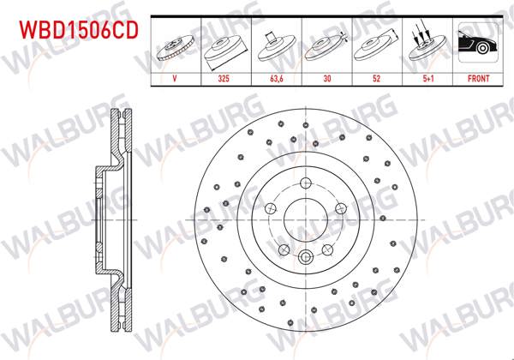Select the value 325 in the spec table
225,76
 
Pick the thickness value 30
327,76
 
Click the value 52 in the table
378,76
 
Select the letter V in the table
175,76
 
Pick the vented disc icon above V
176,45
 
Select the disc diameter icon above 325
225,45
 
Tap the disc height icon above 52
378,45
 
